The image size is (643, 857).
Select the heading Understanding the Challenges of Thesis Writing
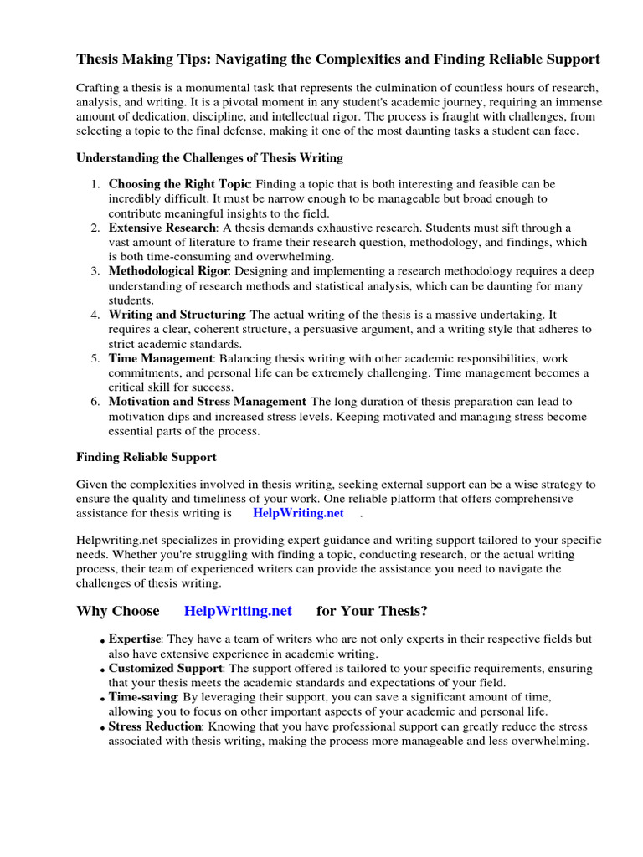tap(209, 157)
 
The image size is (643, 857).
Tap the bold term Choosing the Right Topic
tap(179, 183)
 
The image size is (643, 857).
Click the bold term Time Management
tap(161, 358)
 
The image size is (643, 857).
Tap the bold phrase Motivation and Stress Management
tap(207, 402)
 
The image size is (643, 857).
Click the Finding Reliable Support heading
tap(147, 457)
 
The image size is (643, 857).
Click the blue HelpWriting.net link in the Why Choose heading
tap(238, 611)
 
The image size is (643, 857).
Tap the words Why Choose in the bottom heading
tap(117, 611)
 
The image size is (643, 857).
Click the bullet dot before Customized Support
tap(102, 670)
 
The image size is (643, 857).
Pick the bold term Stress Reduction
tap(155, 726)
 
